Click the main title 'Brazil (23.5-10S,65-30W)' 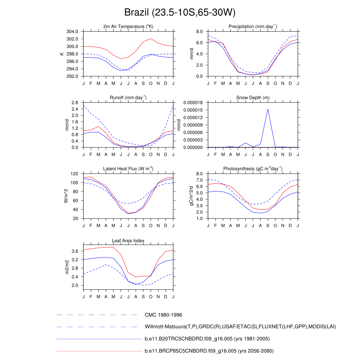coord(180,13)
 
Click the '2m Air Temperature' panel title coord(128,27)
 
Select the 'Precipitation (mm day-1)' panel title coord(253,27)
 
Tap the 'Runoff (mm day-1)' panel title coord(128,98)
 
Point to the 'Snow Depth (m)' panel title coord(253,98)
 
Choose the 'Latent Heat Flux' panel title coord(128,169)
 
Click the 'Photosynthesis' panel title coord(253,169)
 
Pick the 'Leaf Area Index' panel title coord(128,240)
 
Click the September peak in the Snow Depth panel coord(268,109)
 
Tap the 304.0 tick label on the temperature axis coord(72,32)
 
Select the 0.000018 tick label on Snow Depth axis coord(193,103)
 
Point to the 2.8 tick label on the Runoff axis coord(75,103)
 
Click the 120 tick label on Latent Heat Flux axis coord(74,174)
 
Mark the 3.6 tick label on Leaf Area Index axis coord(75,251)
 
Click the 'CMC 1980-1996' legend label coord(163,315)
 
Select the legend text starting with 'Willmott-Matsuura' coord(240,327)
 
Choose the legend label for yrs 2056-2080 coord(209,351)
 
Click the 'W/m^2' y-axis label coord(66,196)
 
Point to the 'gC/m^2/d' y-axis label coord(192,196)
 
